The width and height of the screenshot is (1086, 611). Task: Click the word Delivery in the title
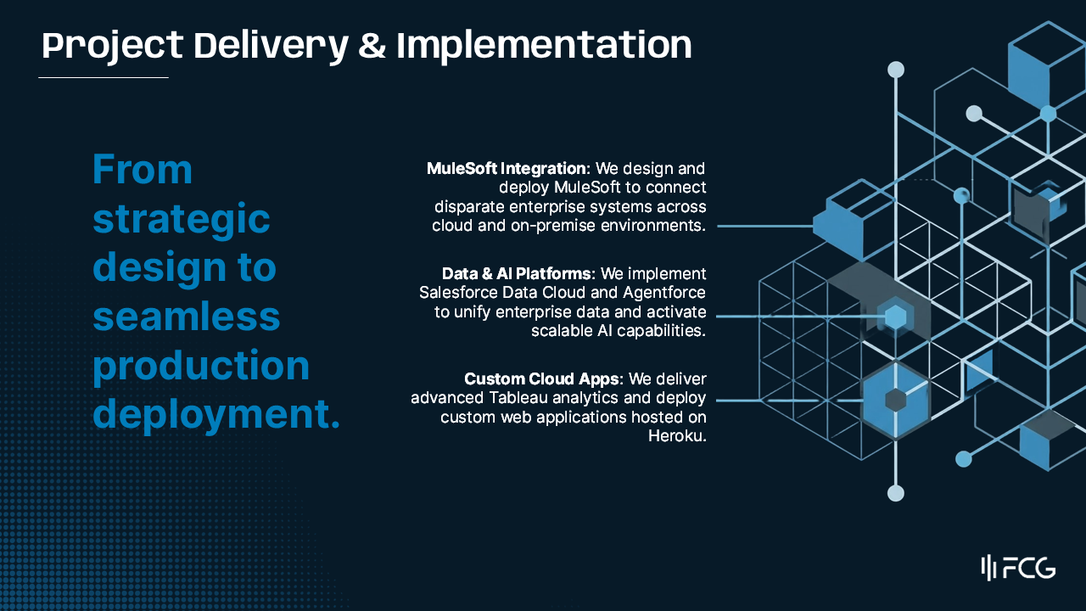pos(270,45)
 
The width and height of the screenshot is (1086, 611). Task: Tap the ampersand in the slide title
pos(371,46)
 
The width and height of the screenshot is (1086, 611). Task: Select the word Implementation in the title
pos(544,46)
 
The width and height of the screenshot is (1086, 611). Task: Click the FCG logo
pos(1018,568)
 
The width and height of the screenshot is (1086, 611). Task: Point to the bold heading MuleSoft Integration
pos(506,168)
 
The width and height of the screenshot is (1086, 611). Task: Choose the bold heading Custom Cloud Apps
pos(542,378)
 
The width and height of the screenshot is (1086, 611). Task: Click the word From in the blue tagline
pos(143,170)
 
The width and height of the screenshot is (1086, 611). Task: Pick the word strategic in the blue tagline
pos(182,219)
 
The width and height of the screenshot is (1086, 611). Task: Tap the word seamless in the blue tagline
pos(187,317)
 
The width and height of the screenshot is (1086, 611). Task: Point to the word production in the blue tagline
pos(201,366)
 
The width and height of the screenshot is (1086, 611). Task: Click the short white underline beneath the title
pos(104,77)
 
